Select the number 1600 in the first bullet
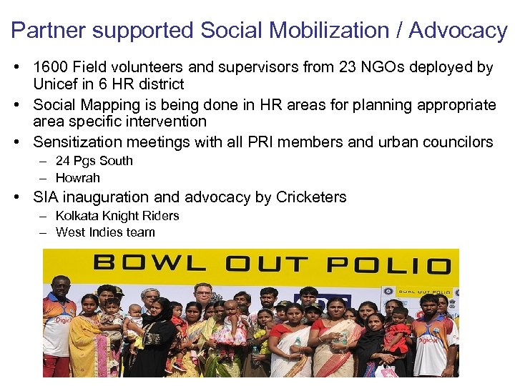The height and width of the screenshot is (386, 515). [50, 68]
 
